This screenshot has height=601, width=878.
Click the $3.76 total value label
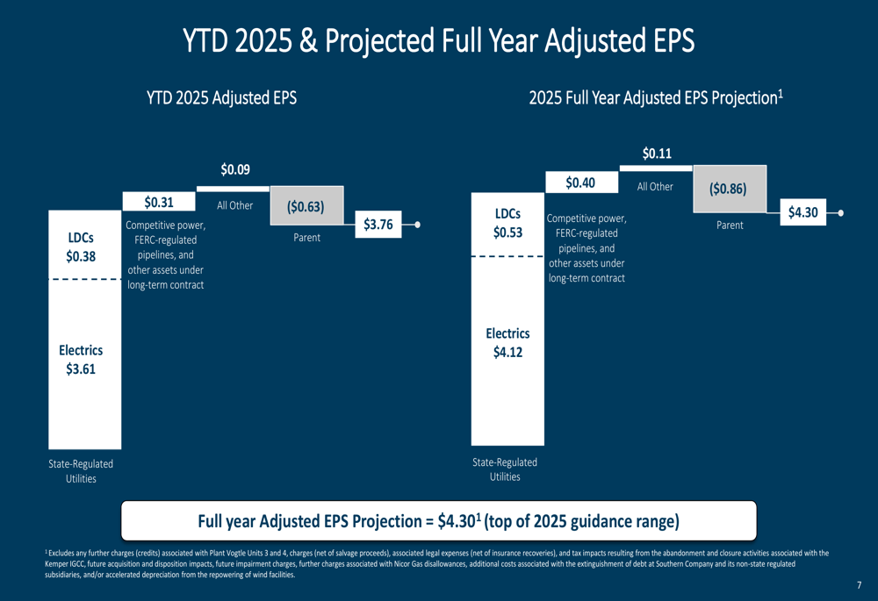[378, 225]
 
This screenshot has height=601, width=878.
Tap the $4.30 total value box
[802, 212]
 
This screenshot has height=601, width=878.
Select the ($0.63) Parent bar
[306, 208]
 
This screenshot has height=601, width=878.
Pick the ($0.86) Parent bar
[729, 189]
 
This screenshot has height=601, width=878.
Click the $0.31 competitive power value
[159, 202]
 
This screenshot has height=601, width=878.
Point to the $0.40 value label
[580, 182]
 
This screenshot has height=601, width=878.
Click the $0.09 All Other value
[234, 169]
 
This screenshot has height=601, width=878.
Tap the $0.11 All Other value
[657, 154]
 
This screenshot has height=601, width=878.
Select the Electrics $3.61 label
[81, 360]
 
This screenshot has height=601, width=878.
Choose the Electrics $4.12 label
[507, 343]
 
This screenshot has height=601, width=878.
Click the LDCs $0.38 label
[81, 247]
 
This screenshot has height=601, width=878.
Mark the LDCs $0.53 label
[507, 223]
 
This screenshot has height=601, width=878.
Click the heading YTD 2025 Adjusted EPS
[221, 98]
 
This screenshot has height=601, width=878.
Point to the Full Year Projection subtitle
[655, 98]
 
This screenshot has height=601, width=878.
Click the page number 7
[859, 584]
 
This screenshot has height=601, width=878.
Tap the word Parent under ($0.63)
[306, 238]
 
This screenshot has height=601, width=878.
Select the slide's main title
[438, 40]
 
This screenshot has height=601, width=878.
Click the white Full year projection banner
[438, 521]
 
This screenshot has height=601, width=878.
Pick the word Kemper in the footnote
[55, 564]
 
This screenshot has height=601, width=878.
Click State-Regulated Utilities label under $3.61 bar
[81, 471]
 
